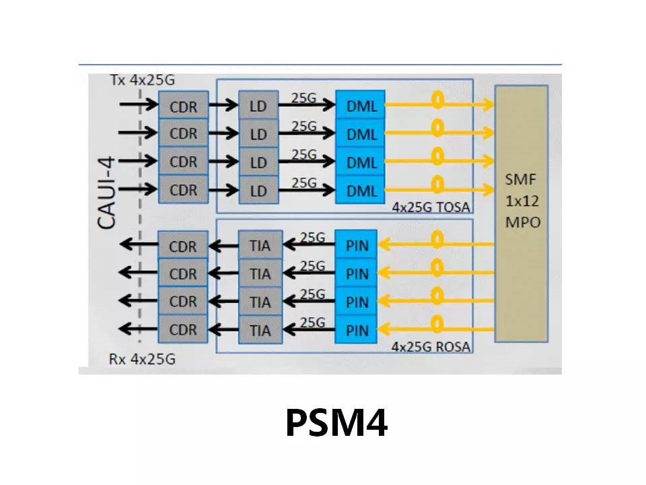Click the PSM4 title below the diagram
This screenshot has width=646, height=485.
click(336, 422)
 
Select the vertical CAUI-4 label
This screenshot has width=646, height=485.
click(107, 193)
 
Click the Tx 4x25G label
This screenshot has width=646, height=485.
click(142, 80)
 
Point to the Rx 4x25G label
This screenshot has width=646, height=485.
click(142, 359)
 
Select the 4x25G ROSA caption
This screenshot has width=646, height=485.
click(431, 348)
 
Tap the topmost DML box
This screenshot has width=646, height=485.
click(361, 106)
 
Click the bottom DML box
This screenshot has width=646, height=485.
click(361, 191)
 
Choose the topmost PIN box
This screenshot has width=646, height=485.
click(357, 246)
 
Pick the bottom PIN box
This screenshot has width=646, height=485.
click(357, 330)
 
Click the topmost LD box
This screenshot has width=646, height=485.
click(258, 106)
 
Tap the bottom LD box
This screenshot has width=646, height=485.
click(258, 191)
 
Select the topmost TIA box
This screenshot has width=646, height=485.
click(260, 246)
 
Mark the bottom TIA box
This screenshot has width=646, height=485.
click(260, 330)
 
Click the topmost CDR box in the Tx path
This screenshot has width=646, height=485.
click(183, 106)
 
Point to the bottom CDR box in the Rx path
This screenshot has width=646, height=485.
click(183, 330)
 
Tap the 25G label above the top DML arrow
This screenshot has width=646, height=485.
click(303, 97)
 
